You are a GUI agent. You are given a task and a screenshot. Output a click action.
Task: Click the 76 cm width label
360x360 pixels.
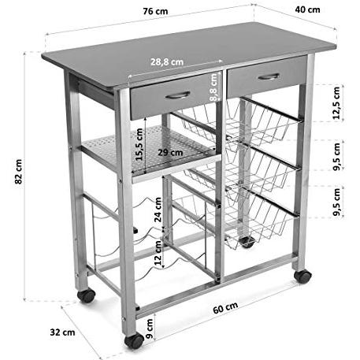click(x=155, y=12)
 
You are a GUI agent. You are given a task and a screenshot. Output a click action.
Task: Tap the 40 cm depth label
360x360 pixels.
click(x=307, y=9)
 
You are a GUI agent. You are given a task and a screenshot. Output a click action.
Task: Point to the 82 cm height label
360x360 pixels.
click(x=19, y=172)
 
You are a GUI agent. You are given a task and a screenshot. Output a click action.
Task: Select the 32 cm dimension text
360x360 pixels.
click(x=62, y=332)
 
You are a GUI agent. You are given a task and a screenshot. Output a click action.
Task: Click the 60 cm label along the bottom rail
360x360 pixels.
click(x=225, y=307)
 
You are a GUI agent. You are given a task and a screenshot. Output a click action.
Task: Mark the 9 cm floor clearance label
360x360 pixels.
click(x=149, y=328)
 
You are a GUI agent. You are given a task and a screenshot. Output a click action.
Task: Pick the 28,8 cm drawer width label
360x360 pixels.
click(x=167, y=62)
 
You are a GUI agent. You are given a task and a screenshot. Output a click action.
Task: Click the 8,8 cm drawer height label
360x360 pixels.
click(x=213, y=87)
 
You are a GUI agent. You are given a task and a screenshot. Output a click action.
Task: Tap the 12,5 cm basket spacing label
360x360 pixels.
click(x=336, y=103)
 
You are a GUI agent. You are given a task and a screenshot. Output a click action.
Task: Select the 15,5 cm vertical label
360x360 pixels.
click(x=139, y=144)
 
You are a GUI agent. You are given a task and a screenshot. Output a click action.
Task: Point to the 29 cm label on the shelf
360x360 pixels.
click(x=170, y=152)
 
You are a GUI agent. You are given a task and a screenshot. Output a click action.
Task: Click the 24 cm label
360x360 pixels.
click(x=158, y=210)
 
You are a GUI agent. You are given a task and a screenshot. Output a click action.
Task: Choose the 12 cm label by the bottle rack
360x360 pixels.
click(x=158, y=253)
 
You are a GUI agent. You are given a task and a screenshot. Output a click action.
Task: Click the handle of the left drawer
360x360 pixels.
click(x=177, y=95)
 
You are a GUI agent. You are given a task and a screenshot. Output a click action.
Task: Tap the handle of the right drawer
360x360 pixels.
click(x=269, y=76)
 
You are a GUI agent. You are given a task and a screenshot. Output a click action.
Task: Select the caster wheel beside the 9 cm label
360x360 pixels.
click(x=134, y=340)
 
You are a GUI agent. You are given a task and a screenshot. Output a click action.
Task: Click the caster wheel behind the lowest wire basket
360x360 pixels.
click(x=247, y=242)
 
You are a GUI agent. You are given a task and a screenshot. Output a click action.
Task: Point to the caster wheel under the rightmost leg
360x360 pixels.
click(x=302, y=276)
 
